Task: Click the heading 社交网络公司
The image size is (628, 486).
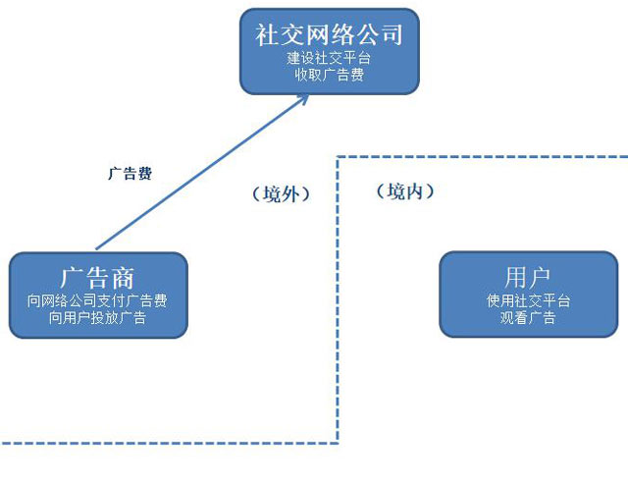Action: (x=330, y=35)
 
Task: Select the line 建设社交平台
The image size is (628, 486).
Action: (x=330, y=59)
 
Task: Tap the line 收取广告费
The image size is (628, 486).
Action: (x=330, y=75)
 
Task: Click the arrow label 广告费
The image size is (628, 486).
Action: (x=130, y=174)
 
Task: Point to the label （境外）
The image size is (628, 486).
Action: (x=281, y=194)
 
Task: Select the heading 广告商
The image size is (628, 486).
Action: (x=97, y=278)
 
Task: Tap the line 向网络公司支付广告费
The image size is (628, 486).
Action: (x=97, y=301)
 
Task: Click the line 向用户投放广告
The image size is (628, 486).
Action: (x=97, y=318)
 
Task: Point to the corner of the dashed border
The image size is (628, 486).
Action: (x=339, y=156)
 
